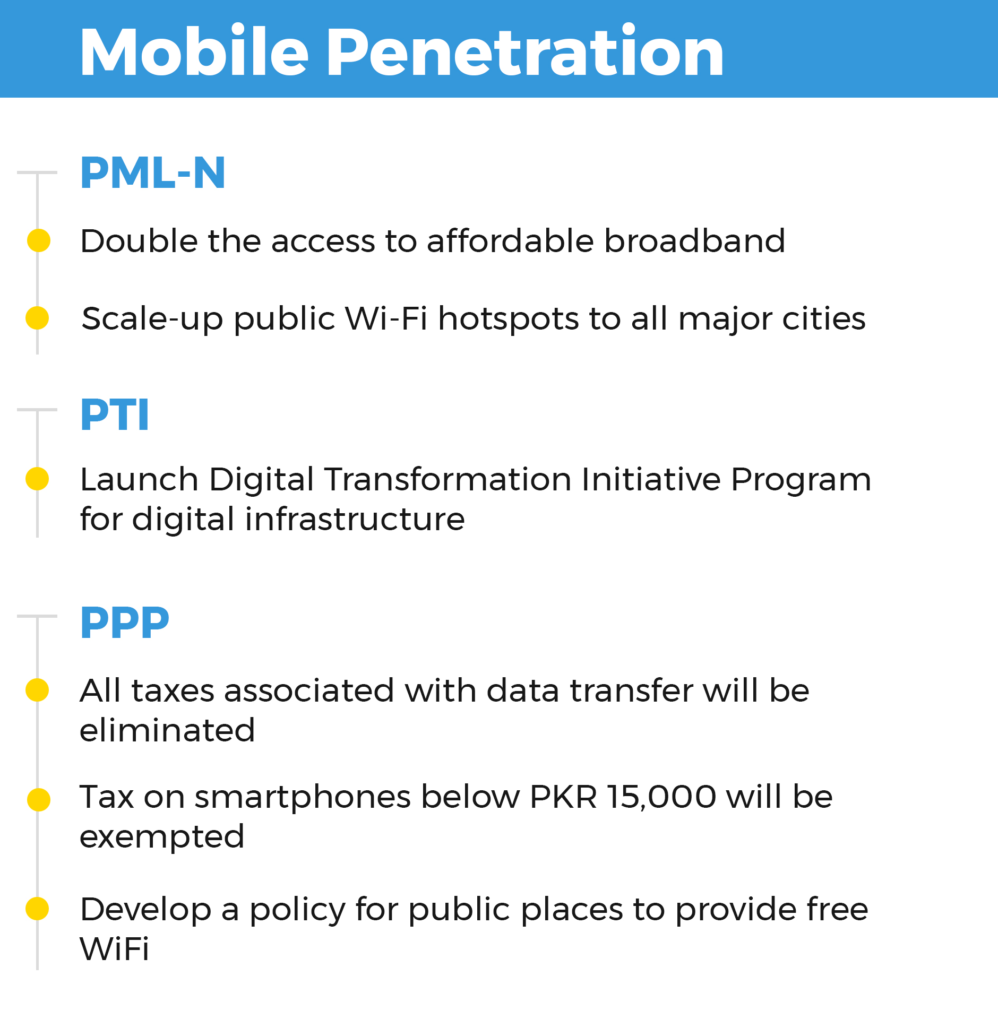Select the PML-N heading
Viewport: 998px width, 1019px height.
(153, 173)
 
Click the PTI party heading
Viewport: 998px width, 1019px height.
(115, 415)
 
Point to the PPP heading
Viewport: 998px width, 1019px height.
(125, 623)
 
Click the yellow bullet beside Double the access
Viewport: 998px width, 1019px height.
(39, 240)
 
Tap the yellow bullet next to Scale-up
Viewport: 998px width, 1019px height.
(37, 318)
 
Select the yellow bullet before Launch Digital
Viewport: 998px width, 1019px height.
(37, 479)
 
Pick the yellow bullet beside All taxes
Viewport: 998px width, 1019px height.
(37, 690)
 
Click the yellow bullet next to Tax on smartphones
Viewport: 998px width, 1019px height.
(39, 800)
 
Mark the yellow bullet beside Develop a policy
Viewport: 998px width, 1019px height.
(37, 908)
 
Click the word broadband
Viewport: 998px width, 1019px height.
(695, 241)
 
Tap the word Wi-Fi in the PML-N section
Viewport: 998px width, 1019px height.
(386, 318)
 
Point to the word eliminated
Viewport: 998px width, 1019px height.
(167, 730)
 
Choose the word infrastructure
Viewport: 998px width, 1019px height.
(355, 519)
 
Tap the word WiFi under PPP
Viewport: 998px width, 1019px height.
(115, 949)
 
